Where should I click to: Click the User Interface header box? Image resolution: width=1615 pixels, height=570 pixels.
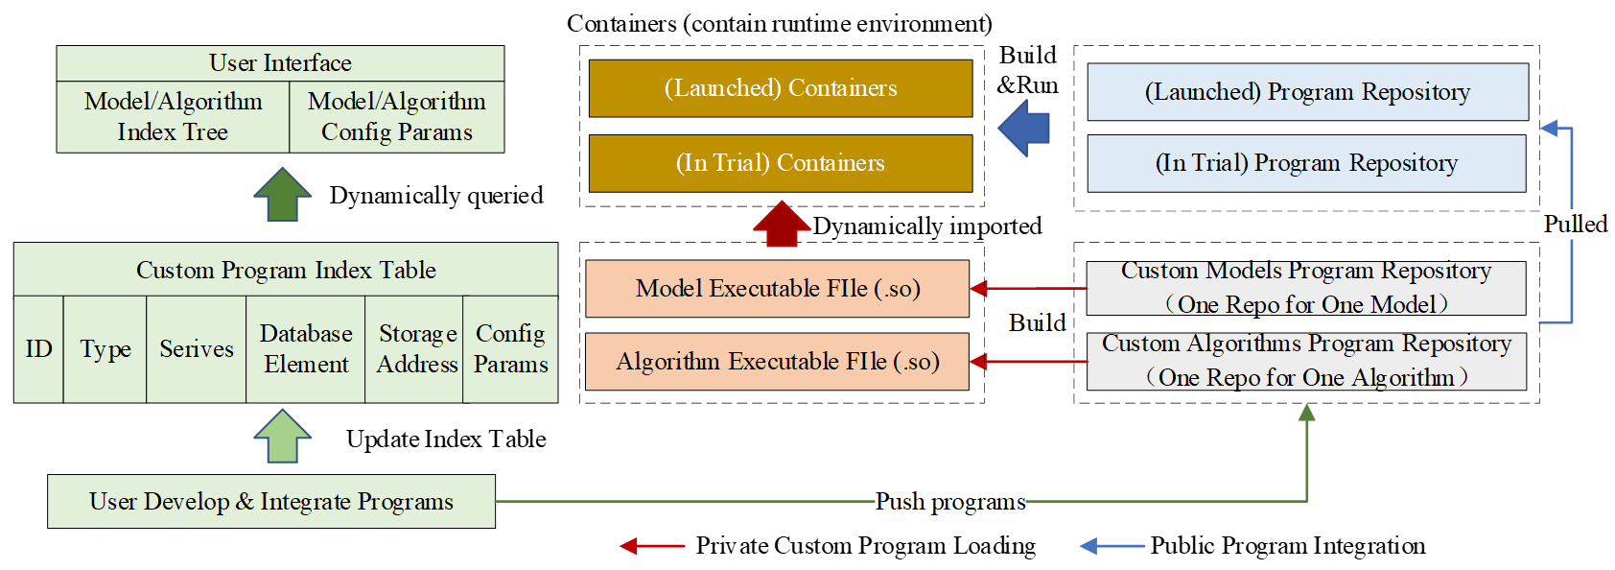coord(280,63)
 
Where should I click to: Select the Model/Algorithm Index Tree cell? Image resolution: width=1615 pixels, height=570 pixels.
coord(173,117)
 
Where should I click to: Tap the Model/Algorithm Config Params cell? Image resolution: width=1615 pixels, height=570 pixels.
coord(396,117)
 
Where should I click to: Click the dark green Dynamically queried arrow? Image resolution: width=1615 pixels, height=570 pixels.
coord(282,196)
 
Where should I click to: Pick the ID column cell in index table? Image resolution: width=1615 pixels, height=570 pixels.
coord(38,349)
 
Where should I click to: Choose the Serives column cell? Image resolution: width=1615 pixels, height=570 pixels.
coord(196,349)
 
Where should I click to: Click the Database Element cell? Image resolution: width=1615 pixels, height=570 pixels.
coord(305,349)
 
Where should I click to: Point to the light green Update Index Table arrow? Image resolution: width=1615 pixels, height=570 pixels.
coord(282,438)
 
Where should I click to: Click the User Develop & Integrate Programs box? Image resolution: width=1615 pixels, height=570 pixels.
coord(271,501)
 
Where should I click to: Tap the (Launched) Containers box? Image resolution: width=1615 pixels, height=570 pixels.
coord(780,88)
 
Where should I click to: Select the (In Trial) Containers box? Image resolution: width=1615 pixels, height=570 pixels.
coord(780,163)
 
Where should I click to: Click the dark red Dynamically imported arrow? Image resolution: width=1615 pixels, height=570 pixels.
coord(782,225)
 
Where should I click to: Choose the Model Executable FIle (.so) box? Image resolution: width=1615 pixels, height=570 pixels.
coord(777,288)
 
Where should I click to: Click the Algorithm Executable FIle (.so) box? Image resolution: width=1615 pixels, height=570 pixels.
coord(777,362)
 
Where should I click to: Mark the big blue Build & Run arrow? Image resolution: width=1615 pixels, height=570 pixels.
coord(1025,129)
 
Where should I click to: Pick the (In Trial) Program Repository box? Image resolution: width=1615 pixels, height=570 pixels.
coord(1306,163)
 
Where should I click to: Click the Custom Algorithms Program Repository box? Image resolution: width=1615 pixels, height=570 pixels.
coord(1306,361)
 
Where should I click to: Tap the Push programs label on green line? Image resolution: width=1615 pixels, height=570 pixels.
coord(949,501)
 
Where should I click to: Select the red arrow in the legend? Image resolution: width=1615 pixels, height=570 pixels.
coord(652,546)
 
